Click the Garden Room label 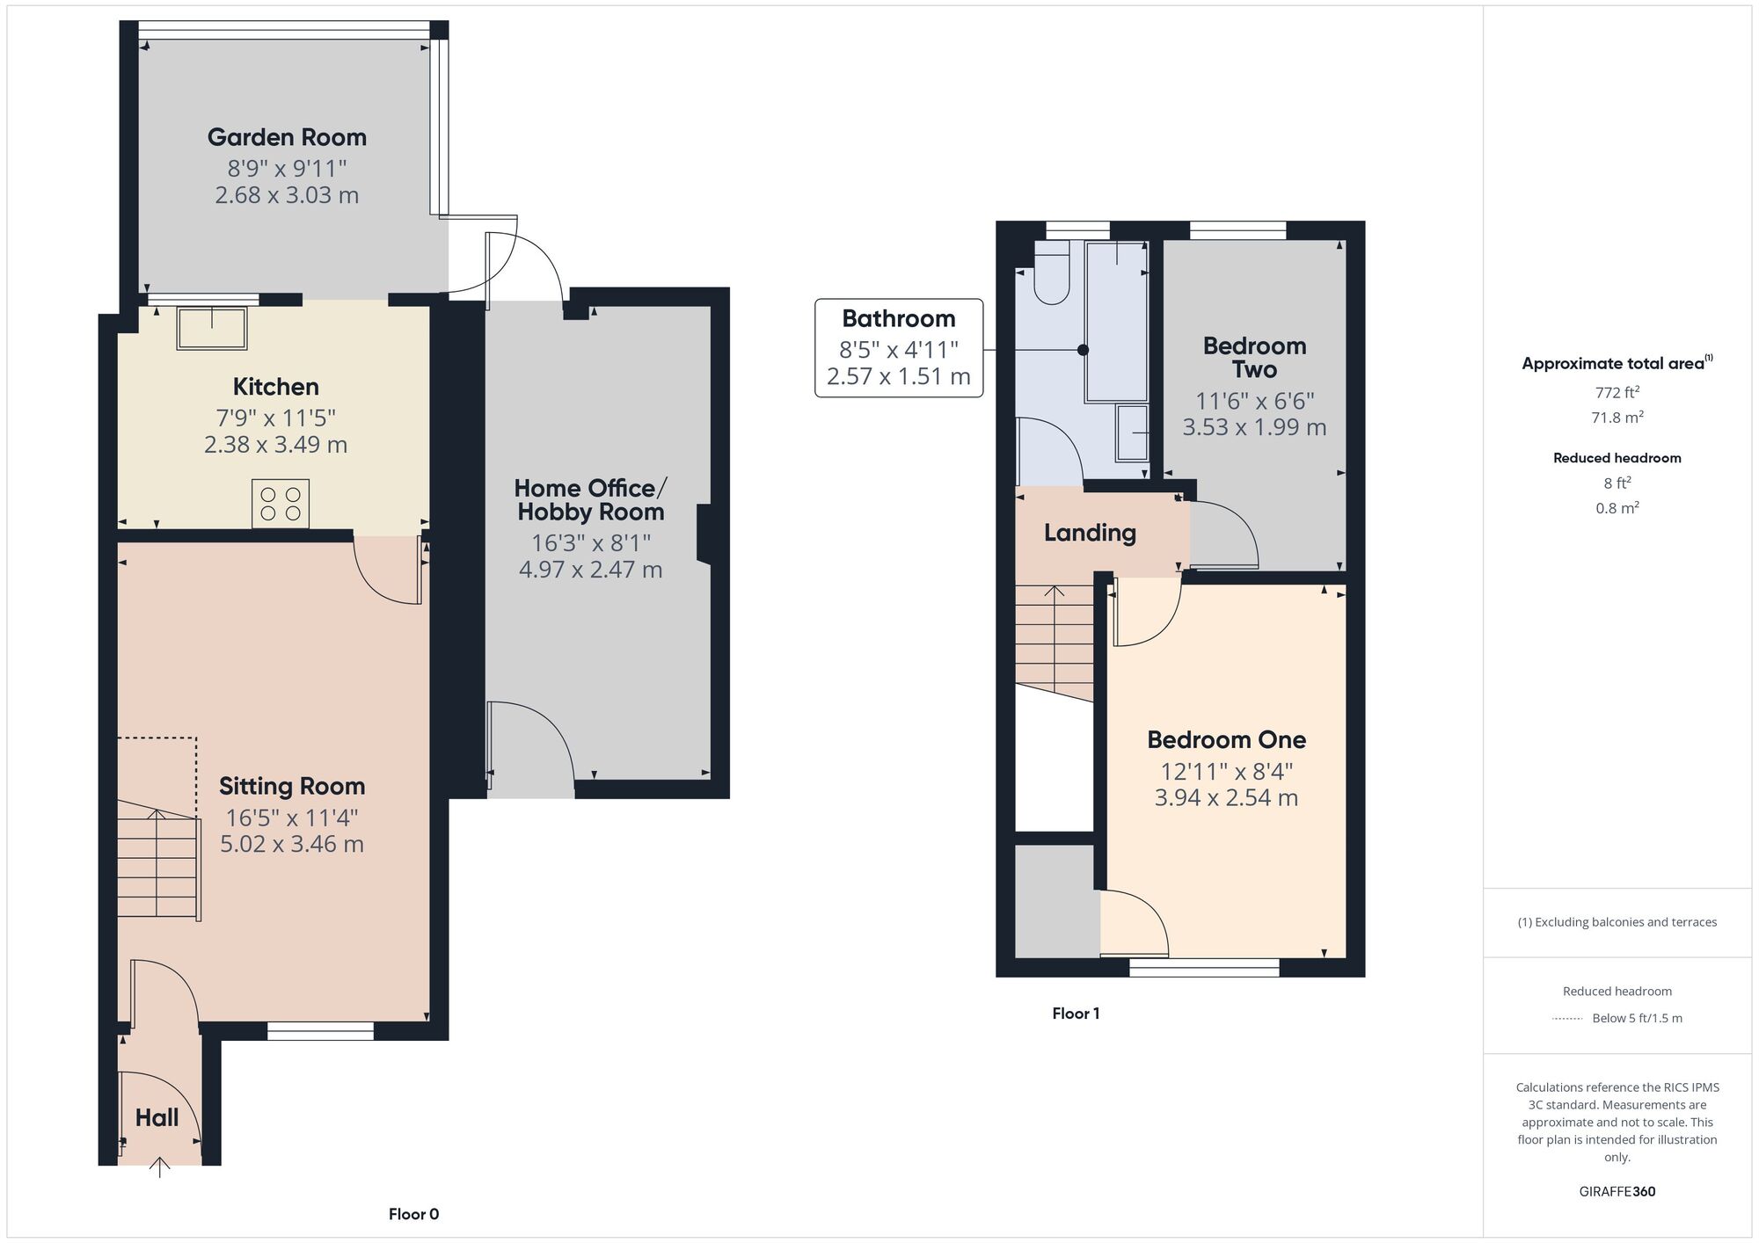pyautogui.click(x=287, y=137)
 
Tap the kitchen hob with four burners pyautogui.click(x=280, y=503)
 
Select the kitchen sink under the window pyautogui.click(x=212, y=328)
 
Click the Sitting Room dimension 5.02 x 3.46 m pyautogui.click(x=291, y=844)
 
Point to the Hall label pyautogui.click(x=157, y=1117)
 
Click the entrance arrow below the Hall pyautogui.click(x=159, y=1167)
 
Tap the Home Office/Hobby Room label pyautogui.click(x=590, y=499)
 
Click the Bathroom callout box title pyautogui.click(x=898, y=318)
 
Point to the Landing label pyautogui.click(x=1090, y=533)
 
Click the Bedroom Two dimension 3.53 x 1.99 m pyautogui.click(x=1253, y=427)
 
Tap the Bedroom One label pyautogui.click(x=1226, y=739)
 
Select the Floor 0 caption pyautogui.click(x=413, y=1214)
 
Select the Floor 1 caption pyautogui.click(x=1076, y=1014)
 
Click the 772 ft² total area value pyautogui.click(x=1617, y=392)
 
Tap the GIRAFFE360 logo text pyautogui.click(x=1617, y=1191)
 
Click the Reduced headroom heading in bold pyautogui.click(x=1617, y=458)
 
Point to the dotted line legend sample pyautogui.click(x=1567, y=1019)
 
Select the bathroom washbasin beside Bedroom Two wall pyautogui.click(x=1133, y=433)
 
